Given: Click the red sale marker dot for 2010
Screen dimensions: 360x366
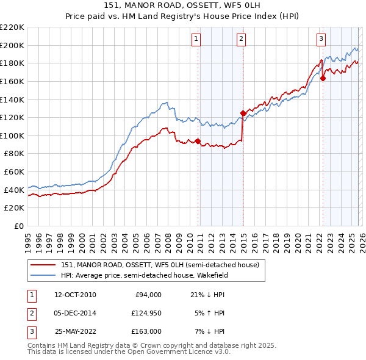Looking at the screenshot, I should [198, 141].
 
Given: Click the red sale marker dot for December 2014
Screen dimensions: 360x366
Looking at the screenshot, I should [243, 113].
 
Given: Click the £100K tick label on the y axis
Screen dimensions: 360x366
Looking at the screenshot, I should [12, 135].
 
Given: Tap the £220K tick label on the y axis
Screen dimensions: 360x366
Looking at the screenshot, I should [12, 27].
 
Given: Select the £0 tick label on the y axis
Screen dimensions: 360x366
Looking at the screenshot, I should [19, 226].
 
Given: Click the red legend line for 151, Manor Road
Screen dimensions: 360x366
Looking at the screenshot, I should [44, 265].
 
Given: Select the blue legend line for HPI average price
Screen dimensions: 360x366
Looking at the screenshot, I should [44, 275].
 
